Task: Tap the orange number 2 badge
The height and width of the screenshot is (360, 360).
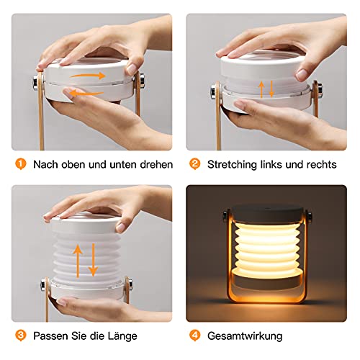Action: pos(194,164)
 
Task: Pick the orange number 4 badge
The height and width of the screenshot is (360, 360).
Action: pos(194,335)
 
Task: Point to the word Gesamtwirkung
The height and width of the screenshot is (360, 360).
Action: pos(246,336)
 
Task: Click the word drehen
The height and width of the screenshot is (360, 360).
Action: pos(153,164)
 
